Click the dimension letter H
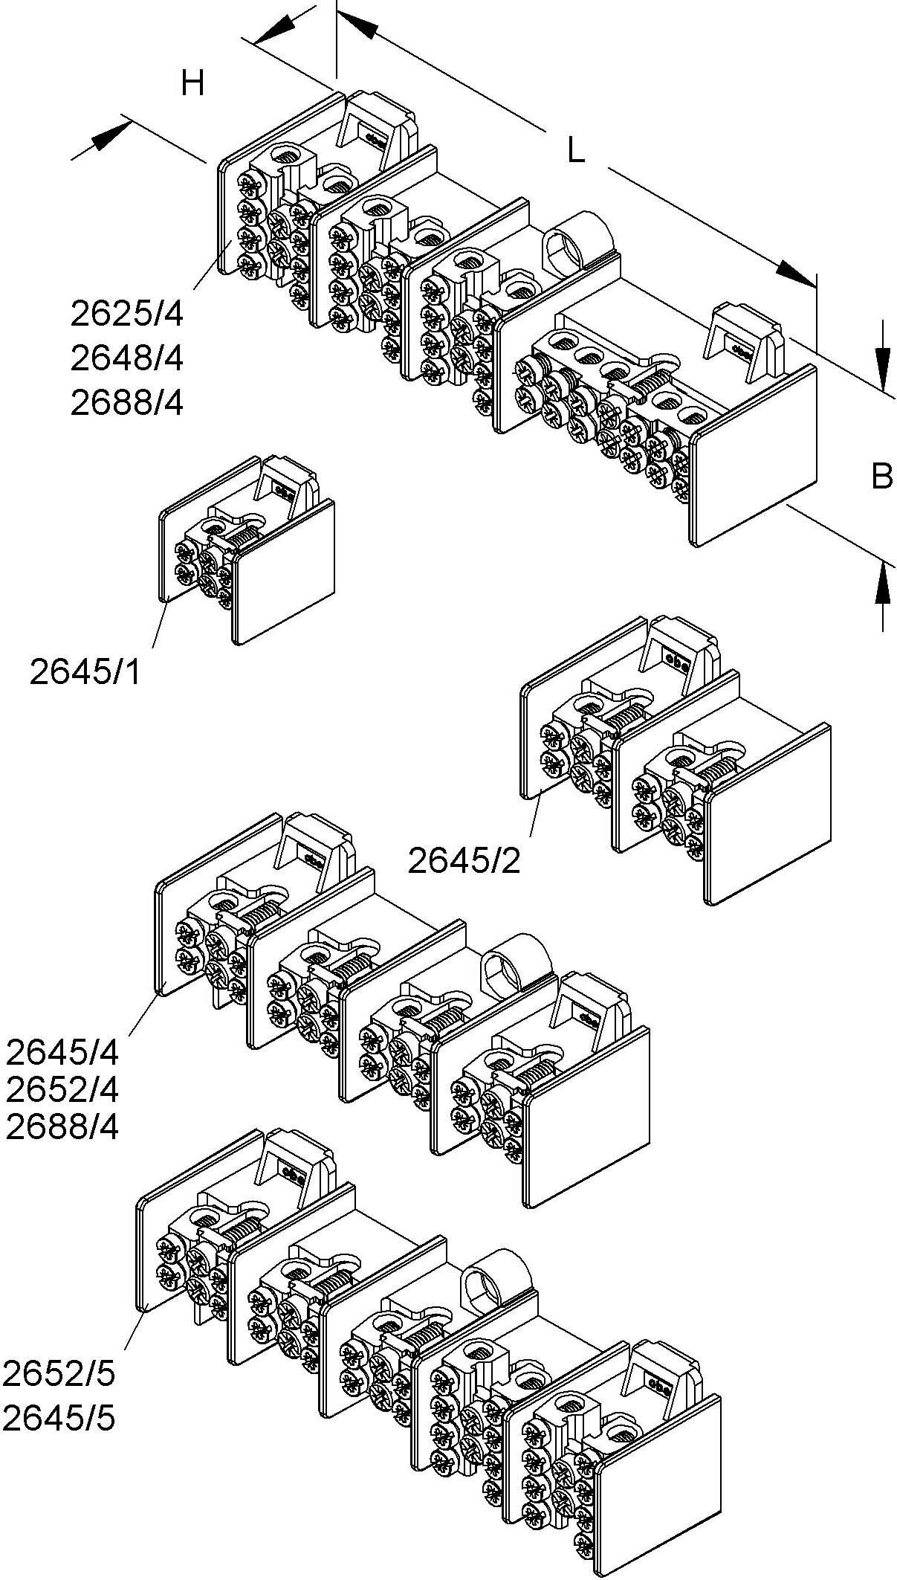click(192, 84)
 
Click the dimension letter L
click(576, 152)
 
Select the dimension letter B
click(881, 476)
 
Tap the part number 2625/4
click(126, 315)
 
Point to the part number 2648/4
click(126, 359)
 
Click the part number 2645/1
click(85, 672)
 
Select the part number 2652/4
click(62, 1091)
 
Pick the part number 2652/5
click(59, 1374)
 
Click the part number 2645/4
click(62, 1053)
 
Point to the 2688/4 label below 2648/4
click(126, 403)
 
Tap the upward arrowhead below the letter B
click(882, 583)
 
